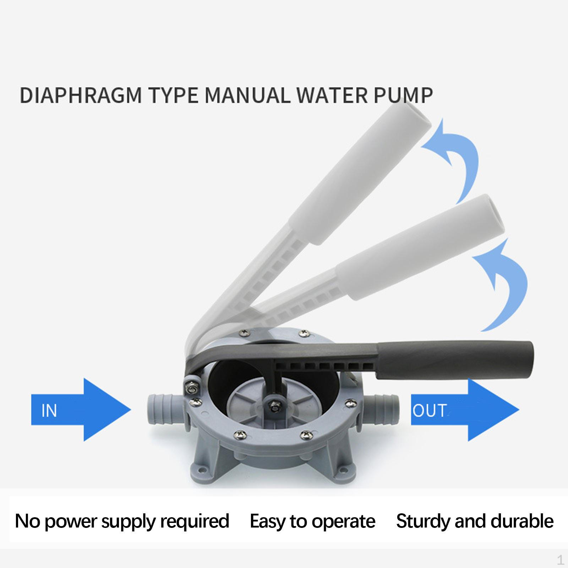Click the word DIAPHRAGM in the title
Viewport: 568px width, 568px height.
point(81,95)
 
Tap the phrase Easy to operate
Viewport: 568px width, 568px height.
point(312,521)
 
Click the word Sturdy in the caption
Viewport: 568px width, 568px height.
point(423,521)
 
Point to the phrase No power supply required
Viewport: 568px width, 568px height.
point(122,521)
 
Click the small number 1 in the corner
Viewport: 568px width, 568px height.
point(560,560)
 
